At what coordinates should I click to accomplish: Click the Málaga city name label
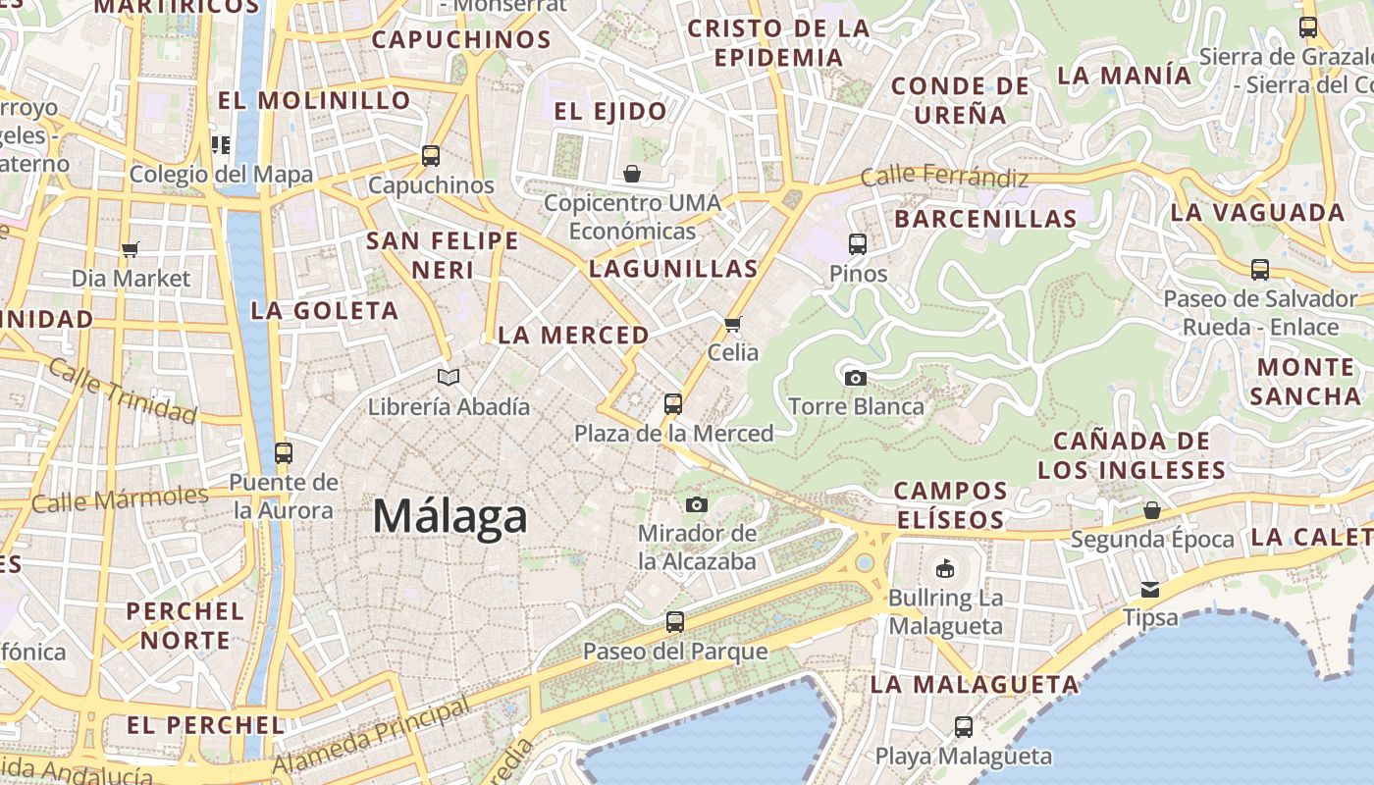[x=450, y=516]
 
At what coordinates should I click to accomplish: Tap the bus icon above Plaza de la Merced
[x=673, y=403]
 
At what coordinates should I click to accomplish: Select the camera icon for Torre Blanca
[x=855, y=378]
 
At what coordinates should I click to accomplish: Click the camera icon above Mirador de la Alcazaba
[x=697, y=504]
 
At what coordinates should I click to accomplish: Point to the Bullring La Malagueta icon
[x=945, y=568]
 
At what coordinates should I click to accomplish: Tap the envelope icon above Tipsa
[x=1150, y=589]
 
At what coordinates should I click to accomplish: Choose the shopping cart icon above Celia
[x=732, y=324]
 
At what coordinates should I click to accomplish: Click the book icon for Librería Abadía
[x=449, y=377]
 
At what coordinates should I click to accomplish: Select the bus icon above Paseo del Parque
[x=675, y=621]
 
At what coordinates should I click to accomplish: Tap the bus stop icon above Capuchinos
[x=431, y=155]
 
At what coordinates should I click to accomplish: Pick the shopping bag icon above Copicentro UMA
[x=632, y=174]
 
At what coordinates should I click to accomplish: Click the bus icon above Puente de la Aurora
[x=284, y=452]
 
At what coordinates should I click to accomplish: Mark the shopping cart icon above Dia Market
[x=131, y=249]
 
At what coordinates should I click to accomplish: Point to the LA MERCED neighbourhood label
[x=573, y=335]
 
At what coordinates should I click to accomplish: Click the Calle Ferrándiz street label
[x=944, y=178]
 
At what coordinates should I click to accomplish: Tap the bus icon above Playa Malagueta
[x=964, y=726]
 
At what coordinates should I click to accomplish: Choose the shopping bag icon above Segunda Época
[x=1152, y=510]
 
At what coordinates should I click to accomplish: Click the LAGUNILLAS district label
[x=673, y=269]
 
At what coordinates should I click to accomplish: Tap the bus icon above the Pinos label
[x=858, y=243]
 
